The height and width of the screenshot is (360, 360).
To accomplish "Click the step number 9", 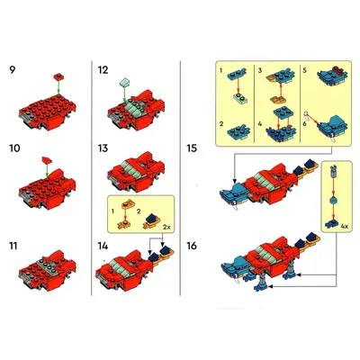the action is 12,70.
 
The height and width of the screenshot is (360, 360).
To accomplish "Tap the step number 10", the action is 14,148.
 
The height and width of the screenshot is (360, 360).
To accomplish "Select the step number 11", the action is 13,246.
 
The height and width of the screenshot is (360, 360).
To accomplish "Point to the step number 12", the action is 103,70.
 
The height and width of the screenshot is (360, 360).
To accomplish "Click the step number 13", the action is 103,148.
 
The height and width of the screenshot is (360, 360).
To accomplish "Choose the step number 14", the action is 103,246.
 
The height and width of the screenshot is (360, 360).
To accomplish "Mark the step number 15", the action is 192,148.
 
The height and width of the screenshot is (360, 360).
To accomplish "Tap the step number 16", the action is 192,246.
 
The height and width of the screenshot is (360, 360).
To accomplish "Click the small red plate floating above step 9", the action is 58,76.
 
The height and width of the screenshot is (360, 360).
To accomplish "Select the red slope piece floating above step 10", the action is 47,160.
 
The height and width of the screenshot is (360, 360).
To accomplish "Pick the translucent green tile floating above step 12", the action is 124,81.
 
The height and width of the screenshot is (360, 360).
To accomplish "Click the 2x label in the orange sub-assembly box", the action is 166,227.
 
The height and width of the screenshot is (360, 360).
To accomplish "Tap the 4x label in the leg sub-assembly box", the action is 344,227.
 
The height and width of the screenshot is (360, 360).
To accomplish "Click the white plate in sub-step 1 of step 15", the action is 239,98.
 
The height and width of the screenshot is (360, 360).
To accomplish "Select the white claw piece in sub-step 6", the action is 306,114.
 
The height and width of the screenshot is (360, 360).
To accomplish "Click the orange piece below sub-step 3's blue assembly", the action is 278,99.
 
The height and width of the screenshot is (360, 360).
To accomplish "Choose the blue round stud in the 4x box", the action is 333,201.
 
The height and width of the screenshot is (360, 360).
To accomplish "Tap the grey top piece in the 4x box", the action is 333,171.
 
